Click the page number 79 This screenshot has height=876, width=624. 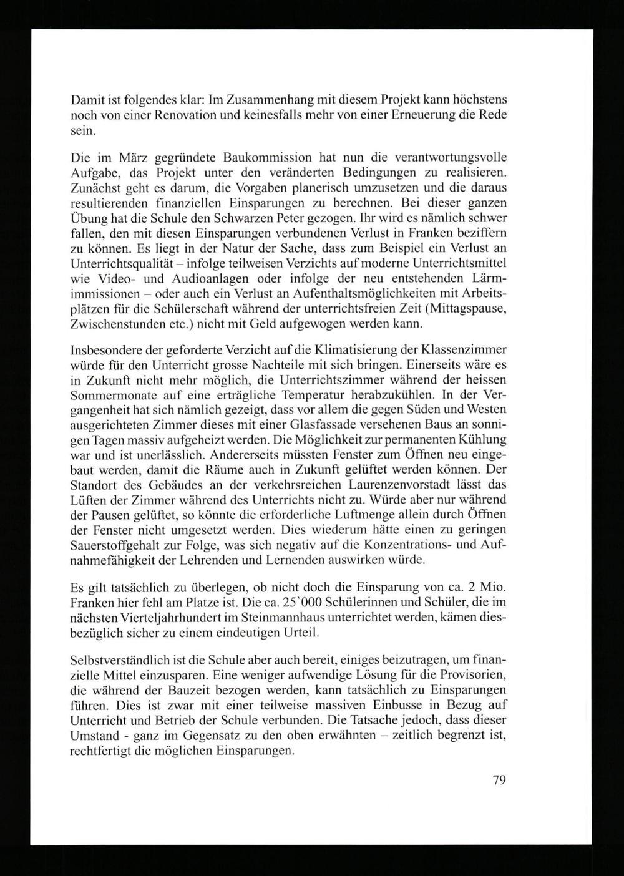pos(498,779)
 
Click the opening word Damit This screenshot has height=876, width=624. pos(87,100)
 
